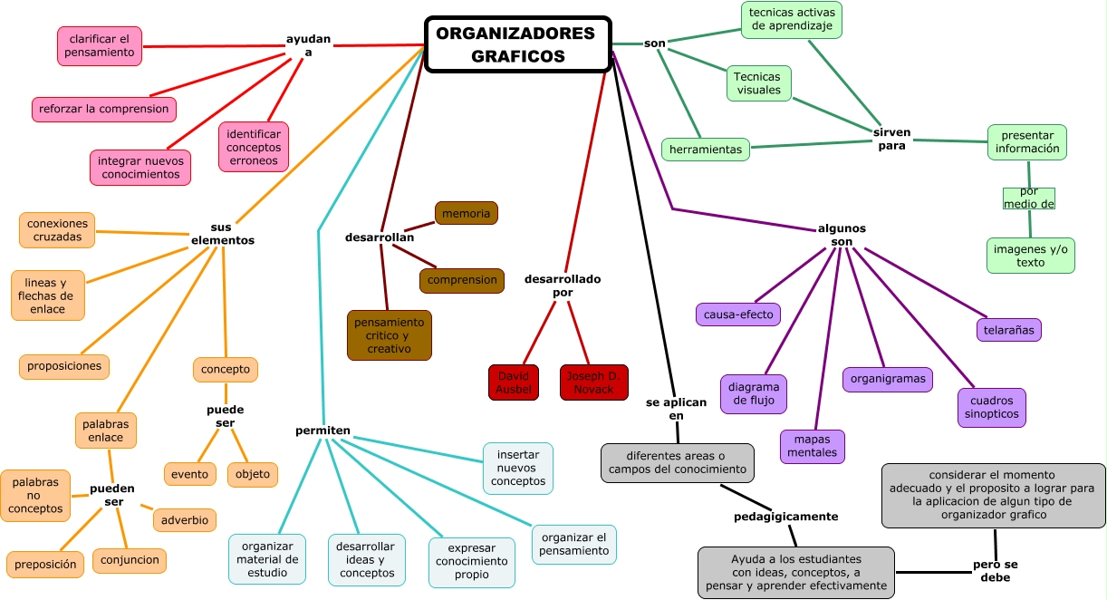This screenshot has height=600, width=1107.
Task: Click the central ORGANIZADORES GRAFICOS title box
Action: point(518,44)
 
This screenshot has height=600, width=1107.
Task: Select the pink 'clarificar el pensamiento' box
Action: point(100,45)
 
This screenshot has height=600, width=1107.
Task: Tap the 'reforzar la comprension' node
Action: point(103,109)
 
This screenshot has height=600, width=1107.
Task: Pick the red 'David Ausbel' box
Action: point(514,382)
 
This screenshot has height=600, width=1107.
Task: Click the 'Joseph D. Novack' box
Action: point(593,382)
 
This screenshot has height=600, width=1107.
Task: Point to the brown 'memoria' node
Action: point(466,213)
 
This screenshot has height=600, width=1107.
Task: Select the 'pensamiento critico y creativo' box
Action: point(389,335)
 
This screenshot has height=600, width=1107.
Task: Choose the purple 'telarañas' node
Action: point(1008,330)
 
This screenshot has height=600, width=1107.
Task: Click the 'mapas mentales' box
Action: point(812,446)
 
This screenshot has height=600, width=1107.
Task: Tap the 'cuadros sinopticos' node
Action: point(991,407)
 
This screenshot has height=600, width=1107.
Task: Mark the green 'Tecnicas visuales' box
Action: point(758,83)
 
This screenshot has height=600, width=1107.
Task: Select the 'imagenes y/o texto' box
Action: point(1030,256)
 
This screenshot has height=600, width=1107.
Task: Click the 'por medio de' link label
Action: point(1029,198)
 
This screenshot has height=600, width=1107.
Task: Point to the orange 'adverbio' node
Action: point(185,520)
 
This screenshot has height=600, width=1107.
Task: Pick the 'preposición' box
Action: point(44,564)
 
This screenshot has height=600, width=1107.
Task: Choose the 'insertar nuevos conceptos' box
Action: point(517,469)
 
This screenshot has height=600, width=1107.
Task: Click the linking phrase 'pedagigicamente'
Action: point(785,517)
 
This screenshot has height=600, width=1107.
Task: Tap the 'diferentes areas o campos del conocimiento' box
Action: point(678,462)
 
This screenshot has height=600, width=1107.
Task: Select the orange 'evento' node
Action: point(189,474)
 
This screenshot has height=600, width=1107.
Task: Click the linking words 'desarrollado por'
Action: point(563,285)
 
